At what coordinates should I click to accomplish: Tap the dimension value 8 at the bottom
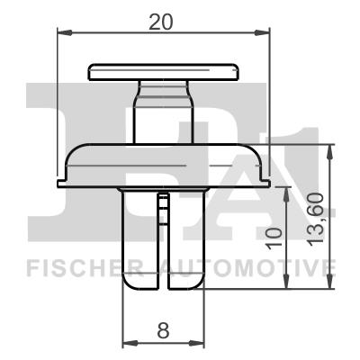[x=163, y=330]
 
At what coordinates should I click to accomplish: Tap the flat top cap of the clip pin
[x=162, y=70]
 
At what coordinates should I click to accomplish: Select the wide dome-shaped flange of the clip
[x=162, y=162]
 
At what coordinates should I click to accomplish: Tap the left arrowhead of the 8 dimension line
[x=126, y=343]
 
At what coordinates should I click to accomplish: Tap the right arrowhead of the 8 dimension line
[x=199, y=343]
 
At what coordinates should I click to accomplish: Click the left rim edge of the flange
[x=61, y=181]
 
